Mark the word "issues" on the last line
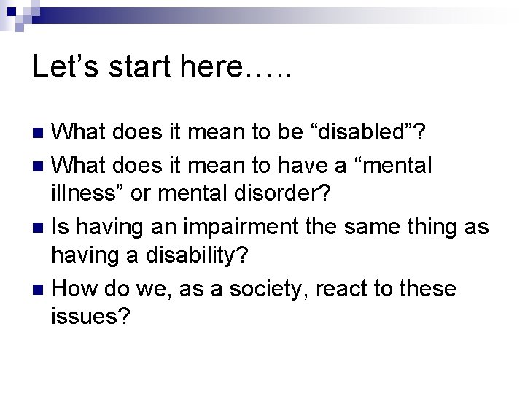click(88, 319)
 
